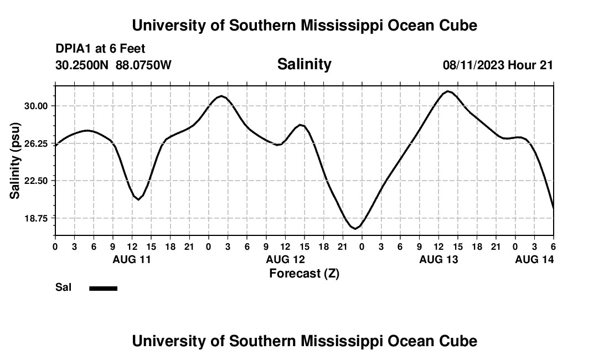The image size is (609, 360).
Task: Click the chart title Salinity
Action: coord(304,64)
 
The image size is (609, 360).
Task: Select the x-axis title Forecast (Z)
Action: coord(304,273)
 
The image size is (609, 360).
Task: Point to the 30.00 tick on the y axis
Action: coord(37,106)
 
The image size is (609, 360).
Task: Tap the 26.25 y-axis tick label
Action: coord(37,143)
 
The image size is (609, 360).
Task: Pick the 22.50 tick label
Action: coord(37,181)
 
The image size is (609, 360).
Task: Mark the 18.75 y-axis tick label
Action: coord(37,218)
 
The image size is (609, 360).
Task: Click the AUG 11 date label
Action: coord(132,259)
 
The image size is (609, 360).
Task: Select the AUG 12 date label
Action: coord(285,259)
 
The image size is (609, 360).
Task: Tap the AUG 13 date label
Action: coord(438,259)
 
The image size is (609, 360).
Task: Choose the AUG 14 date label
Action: coord(534,259)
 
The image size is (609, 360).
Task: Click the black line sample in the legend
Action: coord(104,288)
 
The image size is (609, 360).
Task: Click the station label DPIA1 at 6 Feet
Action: coord(100,49)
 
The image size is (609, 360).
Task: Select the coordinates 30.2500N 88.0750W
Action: coord(113,65)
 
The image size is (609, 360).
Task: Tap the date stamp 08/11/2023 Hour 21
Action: coord(498,65)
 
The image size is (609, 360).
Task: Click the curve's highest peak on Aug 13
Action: coord(448,91)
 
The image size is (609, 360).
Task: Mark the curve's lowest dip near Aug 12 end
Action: coord(355,228)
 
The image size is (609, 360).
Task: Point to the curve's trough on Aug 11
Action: coord(138,199)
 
